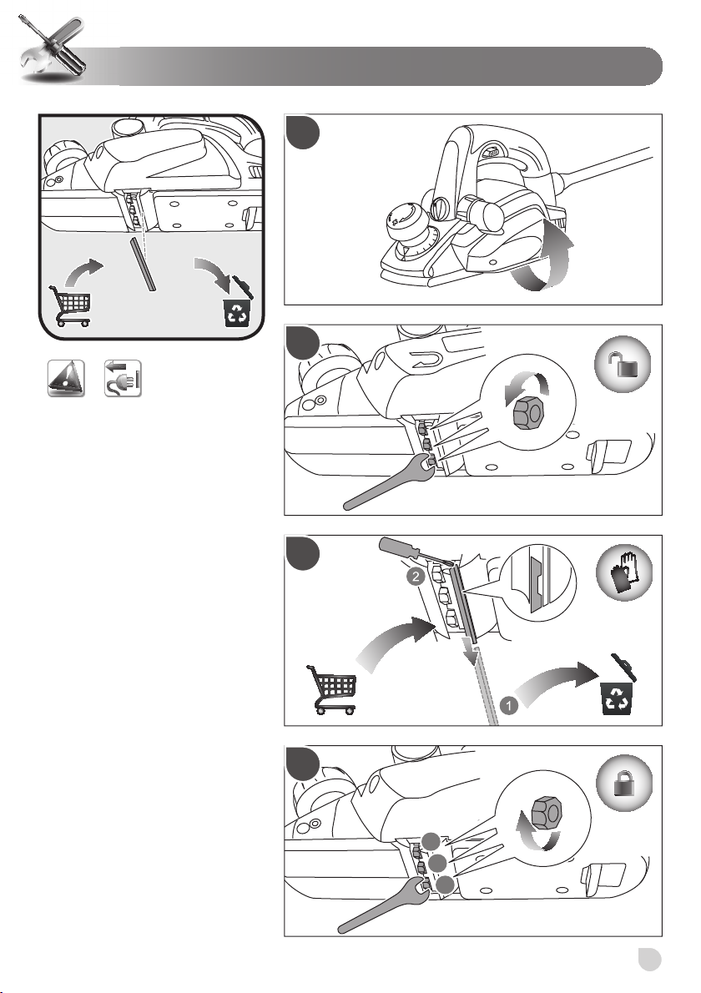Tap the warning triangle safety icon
66,378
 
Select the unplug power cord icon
123,378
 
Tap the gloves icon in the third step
623,572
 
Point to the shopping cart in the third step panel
332,689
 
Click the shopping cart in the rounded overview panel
70,306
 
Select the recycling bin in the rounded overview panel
238,304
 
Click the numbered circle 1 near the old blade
509,705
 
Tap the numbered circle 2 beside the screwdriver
415,577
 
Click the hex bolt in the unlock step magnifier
528,413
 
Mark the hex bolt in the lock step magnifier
546,813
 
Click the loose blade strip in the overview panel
143,264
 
